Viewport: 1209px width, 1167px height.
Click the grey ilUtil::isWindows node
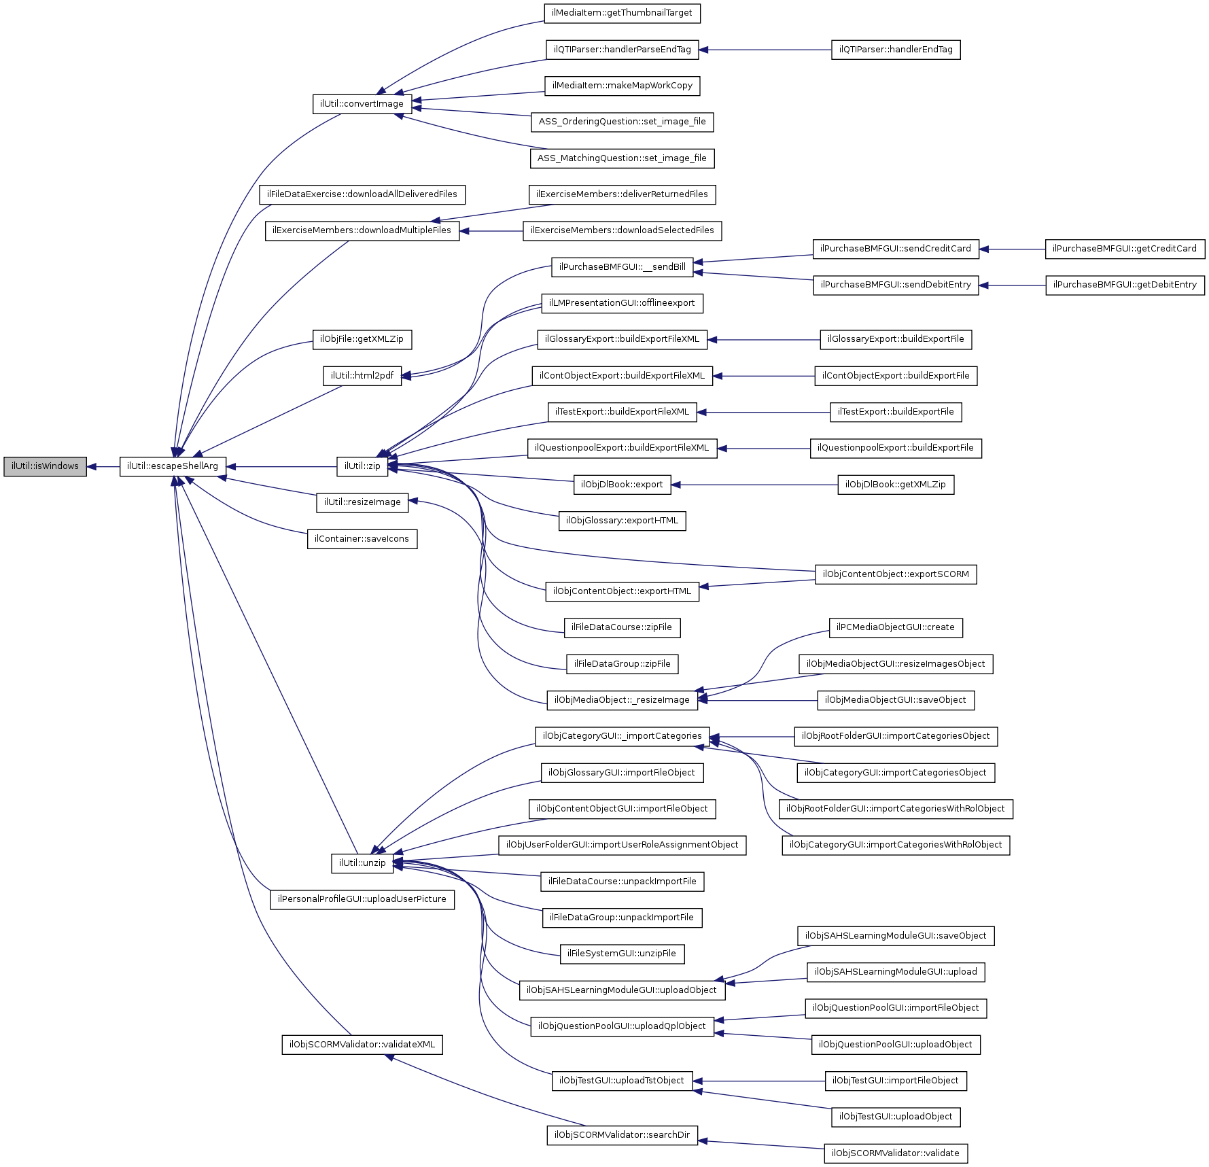coord(45,466)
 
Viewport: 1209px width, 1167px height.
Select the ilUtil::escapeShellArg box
coord(173,466)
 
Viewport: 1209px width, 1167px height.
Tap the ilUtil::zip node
coord(362,466)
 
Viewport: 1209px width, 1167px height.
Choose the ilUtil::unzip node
coord(362,863)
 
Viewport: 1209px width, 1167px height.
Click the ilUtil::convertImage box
coord(362,104)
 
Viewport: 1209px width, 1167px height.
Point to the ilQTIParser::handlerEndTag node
coord(896,50)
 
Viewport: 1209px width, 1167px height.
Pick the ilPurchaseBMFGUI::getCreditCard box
coord(1125,249)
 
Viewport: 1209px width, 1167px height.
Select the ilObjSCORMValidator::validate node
coord(896,1153)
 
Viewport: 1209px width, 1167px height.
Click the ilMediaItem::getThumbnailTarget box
coord(622,13)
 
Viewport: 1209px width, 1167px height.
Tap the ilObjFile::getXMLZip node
coord(362,339)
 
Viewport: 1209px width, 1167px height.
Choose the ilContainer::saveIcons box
coord(362,539)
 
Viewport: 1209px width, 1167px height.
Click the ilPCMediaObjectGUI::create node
coord(896,627)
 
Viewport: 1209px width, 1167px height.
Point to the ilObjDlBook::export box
coord(622,485)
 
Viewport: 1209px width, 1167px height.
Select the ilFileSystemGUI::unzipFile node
coord(622,954)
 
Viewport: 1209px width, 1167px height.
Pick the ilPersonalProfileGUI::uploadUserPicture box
coord(362,899)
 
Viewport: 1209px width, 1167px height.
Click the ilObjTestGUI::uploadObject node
coord(896,1117)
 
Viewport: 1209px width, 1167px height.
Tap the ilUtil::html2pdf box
coord(362,376)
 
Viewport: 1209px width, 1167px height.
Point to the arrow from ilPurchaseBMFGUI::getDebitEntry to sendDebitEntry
coord(1013,285)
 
